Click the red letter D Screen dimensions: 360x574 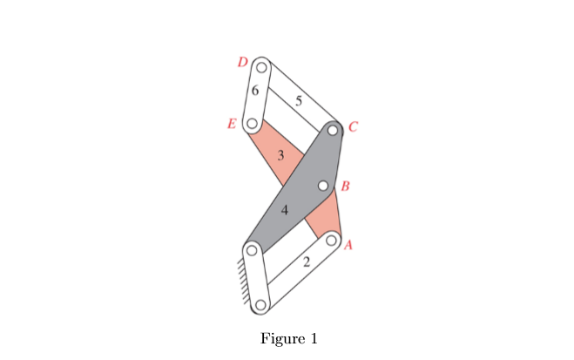243,61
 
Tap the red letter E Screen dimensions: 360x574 232,124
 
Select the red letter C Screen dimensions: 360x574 353,127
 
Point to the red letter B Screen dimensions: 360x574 346,187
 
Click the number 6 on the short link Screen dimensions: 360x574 254,90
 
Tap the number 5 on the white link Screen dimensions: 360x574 299,100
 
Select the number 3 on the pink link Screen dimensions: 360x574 280,156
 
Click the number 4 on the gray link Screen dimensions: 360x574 284,210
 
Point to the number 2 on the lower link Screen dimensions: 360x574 306,262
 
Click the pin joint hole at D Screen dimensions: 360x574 260,67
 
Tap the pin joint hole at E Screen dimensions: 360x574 251,124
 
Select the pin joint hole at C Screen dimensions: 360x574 333,131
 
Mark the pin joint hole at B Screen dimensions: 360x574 322,186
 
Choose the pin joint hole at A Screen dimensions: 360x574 331,240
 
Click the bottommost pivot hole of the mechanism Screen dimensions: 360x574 260,305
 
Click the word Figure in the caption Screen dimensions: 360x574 279,338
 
